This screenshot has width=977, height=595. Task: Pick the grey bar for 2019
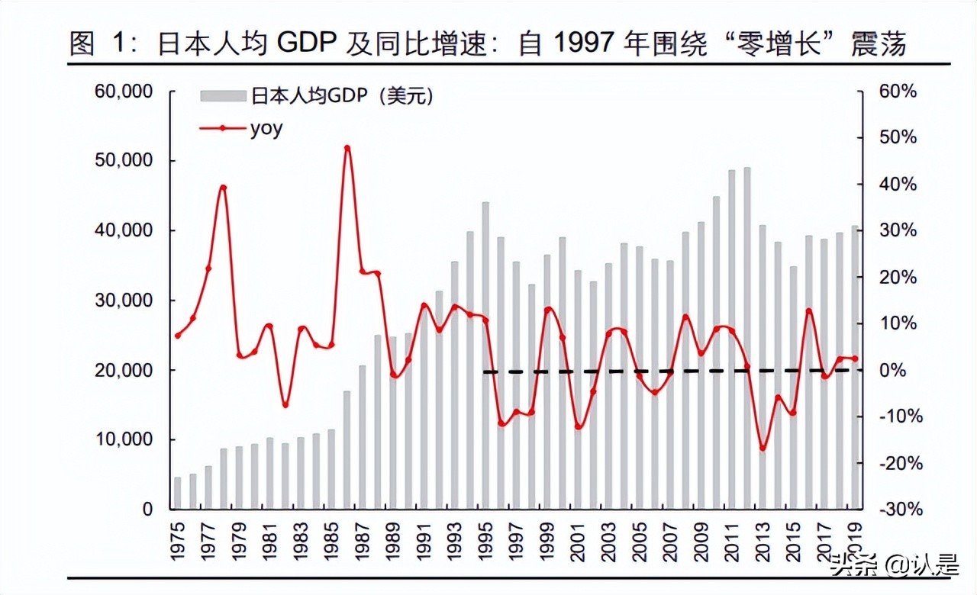click(855, 367)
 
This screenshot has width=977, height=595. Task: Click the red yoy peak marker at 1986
click(347, 148)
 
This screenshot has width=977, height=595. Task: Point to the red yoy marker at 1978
click(224, 187)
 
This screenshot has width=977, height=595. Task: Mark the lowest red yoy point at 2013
click(762, 448)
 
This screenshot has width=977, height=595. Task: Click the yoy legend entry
click(266, 128)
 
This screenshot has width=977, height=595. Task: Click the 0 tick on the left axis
click(148, 510)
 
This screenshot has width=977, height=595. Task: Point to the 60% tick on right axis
click(898, 92)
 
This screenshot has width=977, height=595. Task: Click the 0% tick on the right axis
click(901, 370)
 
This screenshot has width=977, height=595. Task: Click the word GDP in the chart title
click(308, 43)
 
